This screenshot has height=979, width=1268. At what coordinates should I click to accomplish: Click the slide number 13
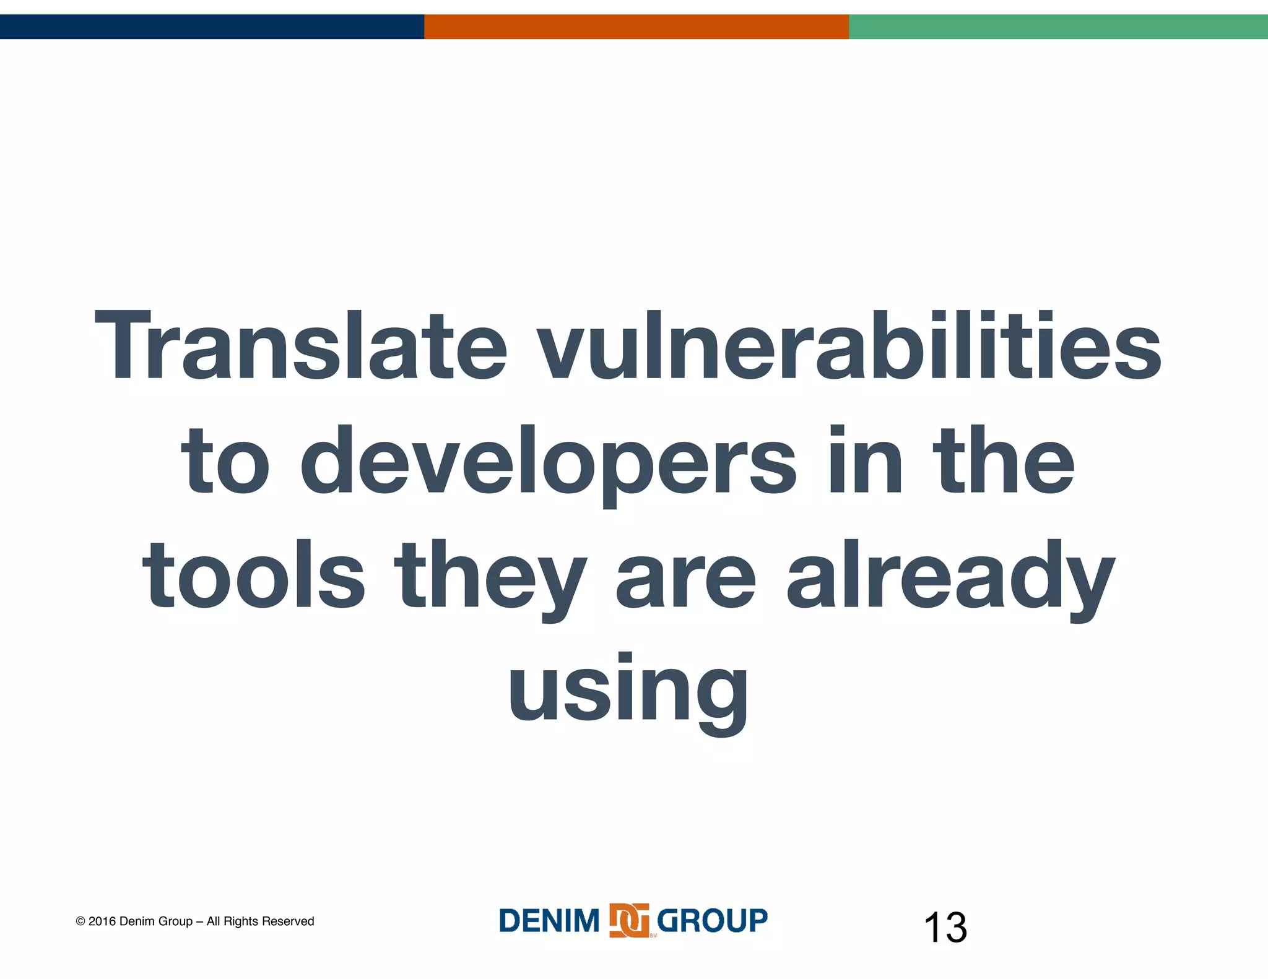[x=945, y=928]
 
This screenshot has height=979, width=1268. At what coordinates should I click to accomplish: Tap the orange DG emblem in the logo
[x=629, y=920]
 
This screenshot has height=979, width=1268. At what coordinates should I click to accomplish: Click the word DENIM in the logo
[x=549, y=920]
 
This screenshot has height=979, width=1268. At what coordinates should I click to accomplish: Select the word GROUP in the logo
[x=712, y=920]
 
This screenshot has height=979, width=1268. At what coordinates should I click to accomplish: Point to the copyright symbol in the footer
[x=80, y=921]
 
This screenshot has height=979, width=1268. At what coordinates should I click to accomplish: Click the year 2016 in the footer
[x=102, y=921]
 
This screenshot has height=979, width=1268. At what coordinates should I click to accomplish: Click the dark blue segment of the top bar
[x=212, y=27]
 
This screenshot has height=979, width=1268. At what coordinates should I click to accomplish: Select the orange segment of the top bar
[x=636, y=27]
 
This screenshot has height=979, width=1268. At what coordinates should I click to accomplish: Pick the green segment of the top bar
[x=1058, y=27]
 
